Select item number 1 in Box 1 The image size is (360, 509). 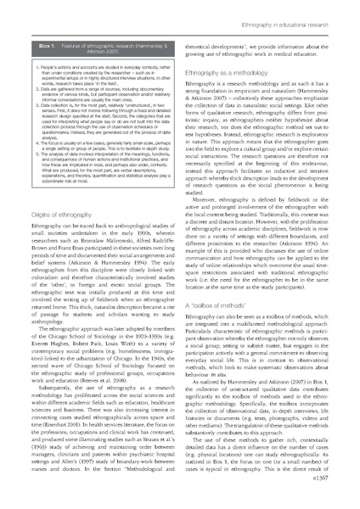click(31, 64)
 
